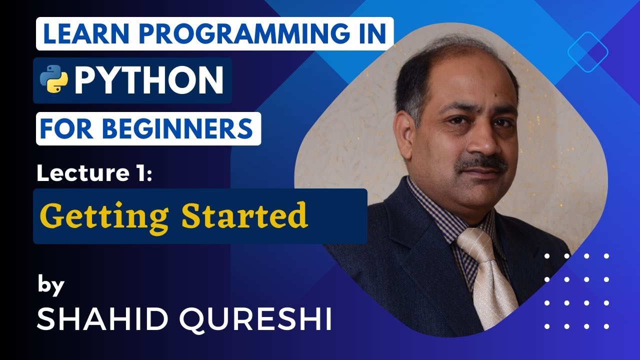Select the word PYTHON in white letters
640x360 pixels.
click(x=148, y=80)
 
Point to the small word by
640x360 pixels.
click(x=51, y=286)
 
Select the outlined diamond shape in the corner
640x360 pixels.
click(x=588, y=51)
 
